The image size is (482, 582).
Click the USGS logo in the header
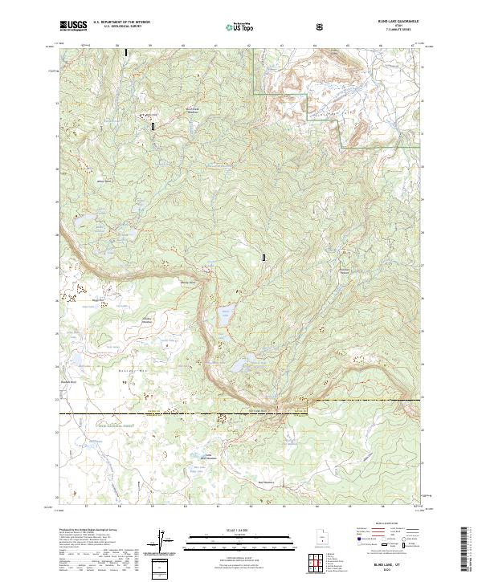point(73,25)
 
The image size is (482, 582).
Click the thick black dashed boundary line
point(161,413)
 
